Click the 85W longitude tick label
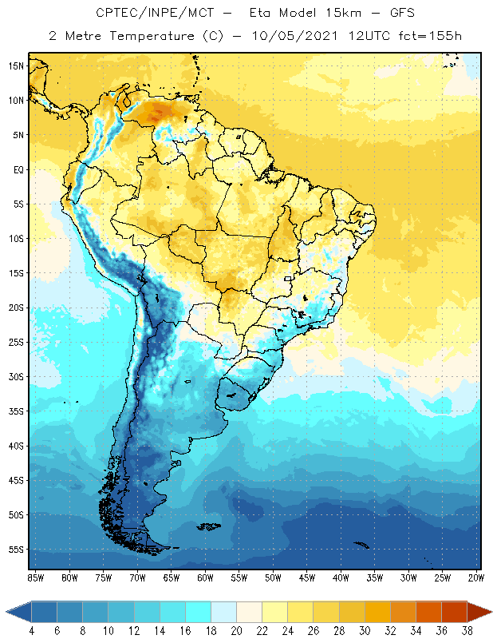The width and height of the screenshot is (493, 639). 35,577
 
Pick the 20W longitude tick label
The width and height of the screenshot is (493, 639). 475,577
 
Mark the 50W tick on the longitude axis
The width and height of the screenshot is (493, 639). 273,577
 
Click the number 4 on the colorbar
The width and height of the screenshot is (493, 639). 32,631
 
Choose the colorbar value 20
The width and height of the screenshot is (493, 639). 236,631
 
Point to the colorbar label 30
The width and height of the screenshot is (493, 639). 364,631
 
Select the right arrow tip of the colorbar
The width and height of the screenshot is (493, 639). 490,612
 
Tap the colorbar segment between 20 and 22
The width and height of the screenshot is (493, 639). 249,612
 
